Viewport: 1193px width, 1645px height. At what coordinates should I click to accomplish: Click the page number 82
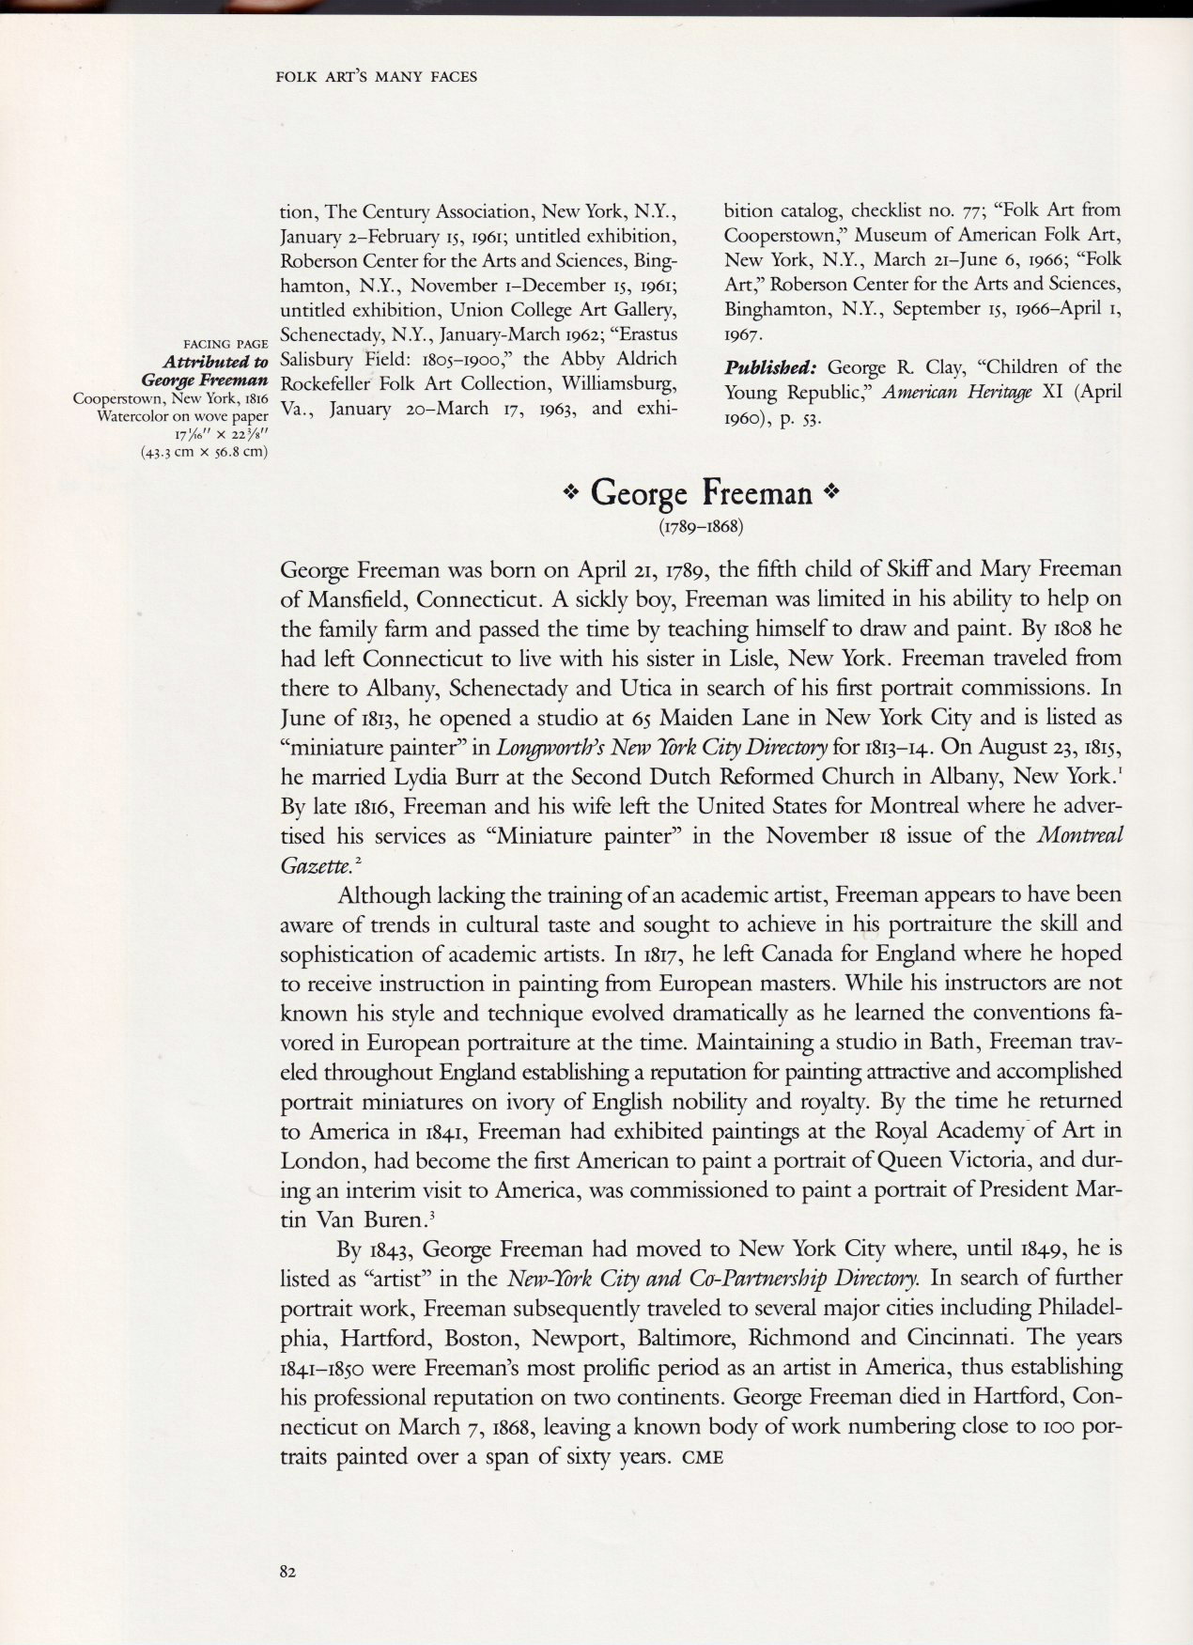[x=287, y=1571]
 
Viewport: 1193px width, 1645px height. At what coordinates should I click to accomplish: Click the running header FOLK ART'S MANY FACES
[x=377, y=76]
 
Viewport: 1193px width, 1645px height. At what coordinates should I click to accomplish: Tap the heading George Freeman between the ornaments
[x=701, y=492]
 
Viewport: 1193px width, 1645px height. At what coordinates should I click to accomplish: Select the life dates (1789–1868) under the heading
[x=701, y=526]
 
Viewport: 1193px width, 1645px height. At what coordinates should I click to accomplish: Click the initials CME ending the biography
[x=701, y=1460]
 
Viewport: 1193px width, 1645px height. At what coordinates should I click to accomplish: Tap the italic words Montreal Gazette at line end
[x=1079, y=836]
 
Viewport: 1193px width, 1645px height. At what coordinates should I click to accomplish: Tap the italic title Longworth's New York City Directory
[x=662, y=748]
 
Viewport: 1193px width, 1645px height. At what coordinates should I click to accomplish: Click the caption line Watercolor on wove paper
[x=183, y=415]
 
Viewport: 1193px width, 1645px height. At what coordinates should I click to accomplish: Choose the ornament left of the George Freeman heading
[x=569, y=492]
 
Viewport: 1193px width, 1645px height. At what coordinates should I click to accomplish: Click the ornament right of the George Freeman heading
[x=829, y=492]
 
